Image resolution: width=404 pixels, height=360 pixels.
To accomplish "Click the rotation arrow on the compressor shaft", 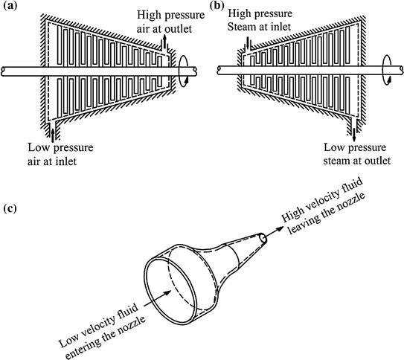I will (184, 71).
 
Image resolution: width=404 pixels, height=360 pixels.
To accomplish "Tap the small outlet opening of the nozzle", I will (264, 239).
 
